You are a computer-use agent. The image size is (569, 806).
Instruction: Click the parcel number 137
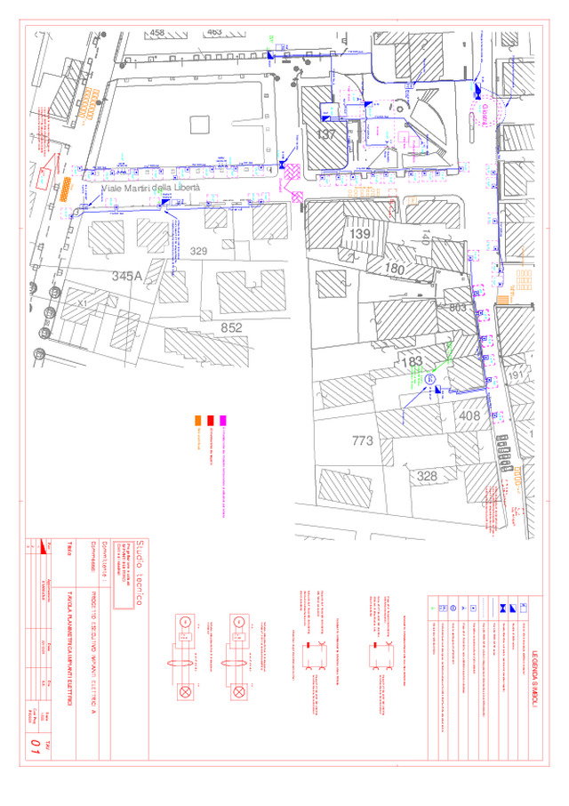click(327, 134)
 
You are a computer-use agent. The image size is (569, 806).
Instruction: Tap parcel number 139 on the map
click(360, 233)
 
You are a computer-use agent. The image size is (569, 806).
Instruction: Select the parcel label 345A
click(127, 277)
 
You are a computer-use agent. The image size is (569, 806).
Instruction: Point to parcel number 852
click(231, 327)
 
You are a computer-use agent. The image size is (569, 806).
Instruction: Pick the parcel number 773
click(362, 440)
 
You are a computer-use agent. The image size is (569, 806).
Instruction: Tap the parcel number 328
click(428, 477)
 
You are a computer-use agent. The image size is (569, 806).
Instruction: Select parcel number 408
click(469, 415)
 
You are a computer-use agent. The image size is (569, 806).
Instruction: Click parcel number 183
click(412, 362)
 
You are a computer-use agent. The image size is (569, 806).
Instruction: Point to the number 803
click(458, 307)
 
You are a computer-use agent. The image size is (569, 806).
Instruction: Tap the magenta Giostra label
click(485, 114)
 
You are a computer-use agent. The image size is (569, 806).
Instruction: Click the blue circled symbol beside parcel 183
click(430, 379)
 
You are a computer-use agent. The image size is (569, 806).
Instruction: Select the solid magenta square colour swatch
click(224, 421)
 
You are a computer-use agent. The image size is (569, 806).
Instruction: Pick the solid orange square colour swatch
click(197, 421)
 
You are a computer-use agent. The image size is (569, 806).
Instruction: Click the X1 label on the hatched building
click(83, 303)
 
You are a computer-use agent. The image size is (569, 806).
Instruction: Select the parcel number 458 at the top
click(157, 33)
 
